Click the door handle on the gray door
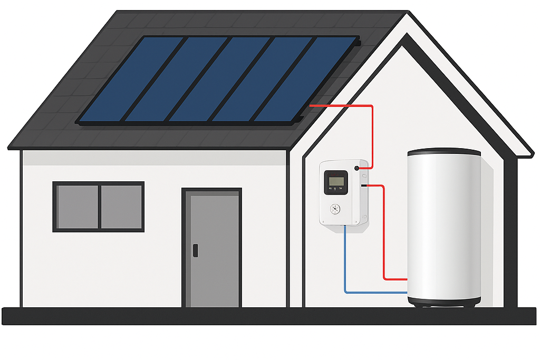click(x=195, y=250)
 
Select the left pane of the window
click(x=77, y=207)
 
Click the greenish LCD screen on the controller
click(x=336, y=181)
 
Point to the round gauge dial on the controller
click(x=335, y=209)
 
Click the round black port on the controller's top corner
click(x=357, y=168)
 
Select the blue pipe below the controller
click(x=345, y=264)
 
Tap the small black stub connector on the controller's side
click(x=364, y=186)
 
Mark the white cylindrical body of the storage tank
click(x=444, y=227)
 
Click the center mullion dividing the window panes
click(x=99, y=207)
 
